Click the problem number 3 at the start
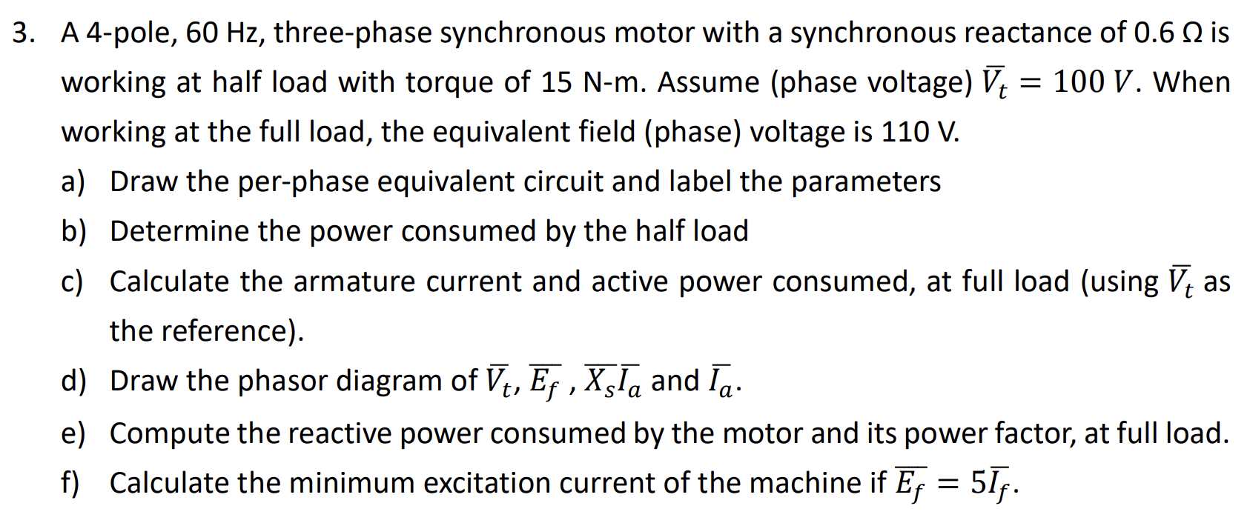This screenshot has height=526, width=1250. tap(23, 33)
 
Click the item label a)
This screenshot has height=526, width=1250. tap(73, 182)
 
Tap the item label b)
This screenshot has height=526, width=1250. tap(73, 231)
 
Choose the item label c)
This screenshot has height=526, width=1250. tap(72, 282)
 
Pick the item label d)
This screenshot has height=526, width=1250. tap(73, 381)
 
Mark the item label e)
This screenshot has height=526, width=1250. tap(73, 433)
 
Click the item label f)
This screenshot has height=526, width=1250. tap(70, 483)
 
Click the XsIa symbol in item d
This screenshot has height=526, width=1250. tap(613, 381)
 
